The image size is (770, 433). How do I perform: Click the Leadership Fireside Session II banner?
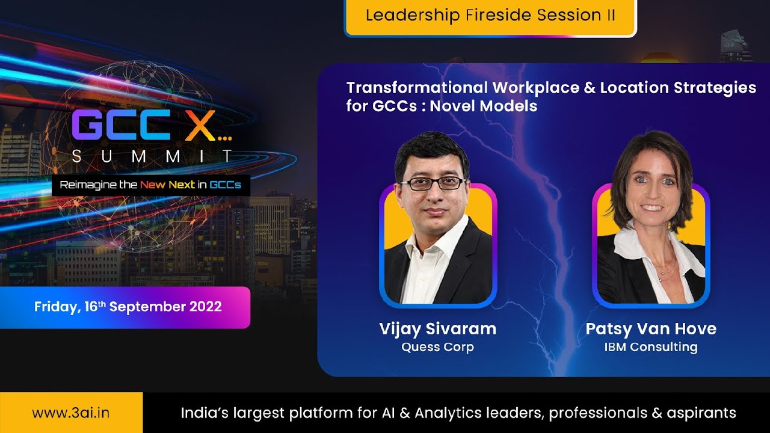pos(490,16)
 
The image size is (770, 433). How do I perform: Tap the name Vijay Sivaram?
pos(437,328)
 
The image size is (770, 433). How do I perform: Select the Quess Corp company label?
pos(437,348)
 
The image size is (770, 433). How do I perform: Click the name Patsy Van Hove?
pos(651,328)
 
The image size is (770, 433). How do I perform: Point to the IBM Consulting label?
pos(651,347)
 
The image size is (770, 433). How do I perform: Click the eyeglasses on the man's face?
pos(432,183)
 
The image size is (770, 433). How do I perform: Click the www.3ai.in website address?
pos(71,413)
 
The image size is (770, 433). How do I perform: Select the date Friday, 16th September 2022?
pos(128,307)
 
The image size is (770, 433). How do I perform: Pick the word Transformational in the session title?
pos(417,88)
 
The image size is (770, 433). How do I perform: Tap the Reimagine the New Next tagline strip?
pos(150,185)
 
